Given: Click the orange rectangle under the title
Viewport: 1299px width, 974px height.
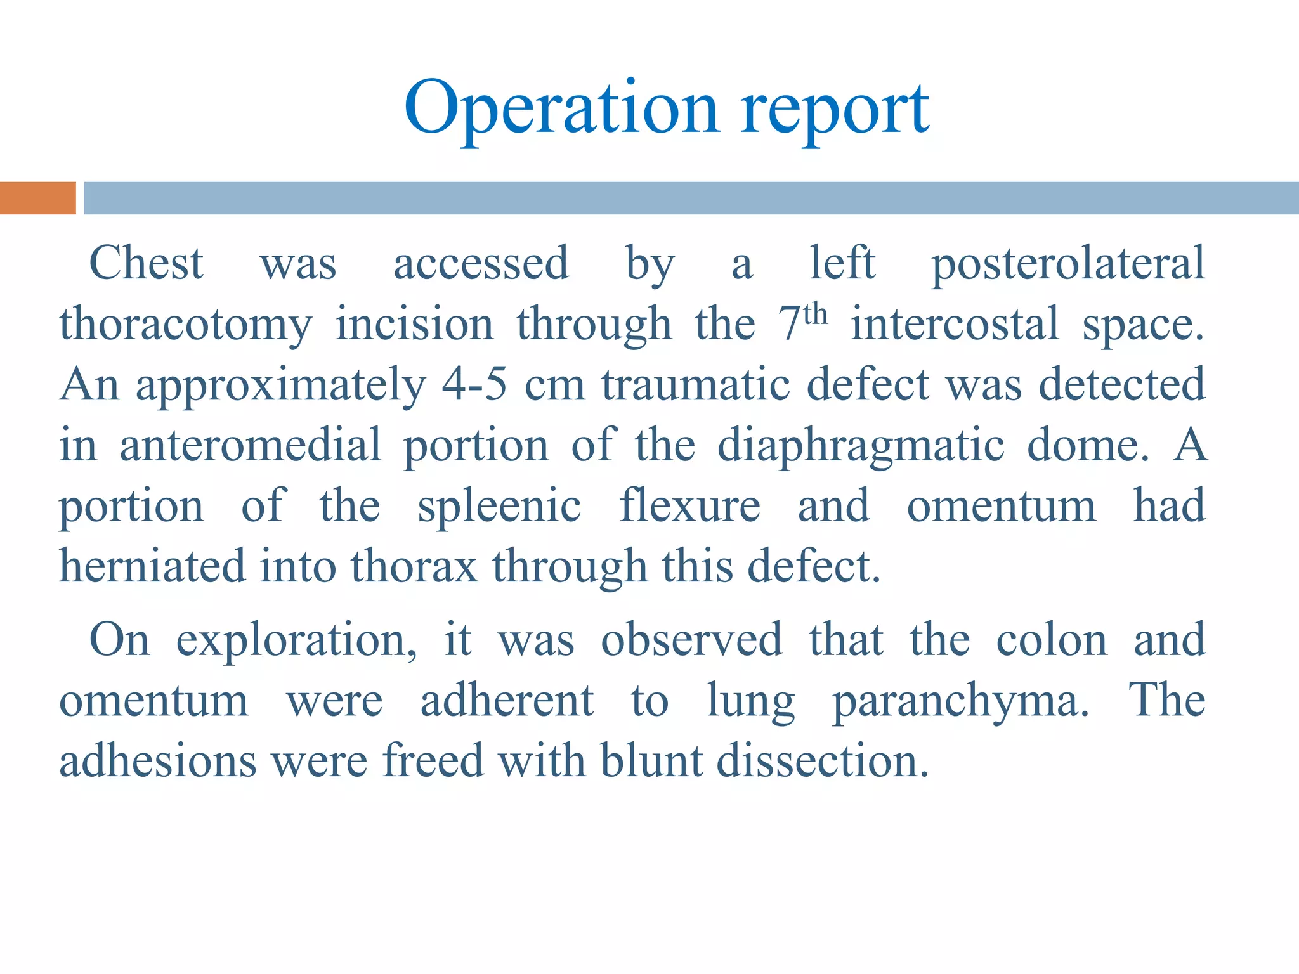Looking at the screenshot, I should (37, 198).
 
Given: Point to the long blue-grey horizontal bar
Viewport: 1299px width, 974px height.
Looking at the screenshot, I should (691, 198).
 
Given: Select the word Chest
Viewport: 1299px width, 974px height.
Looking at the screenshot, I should (146, 263).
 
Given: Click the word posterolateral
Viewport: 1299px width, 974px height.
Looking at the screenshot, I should (1068, 263).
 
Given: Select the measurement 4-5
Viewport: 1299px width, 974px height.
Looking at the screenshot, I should (474, 384).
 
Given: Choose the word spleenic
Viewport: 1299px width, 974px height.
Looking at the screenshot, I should (499, 506).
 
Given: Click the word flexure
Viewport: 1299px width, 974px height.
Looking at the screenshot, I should (689, 506).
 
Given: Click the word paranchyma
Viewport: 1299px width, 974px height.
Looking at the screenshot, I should (960, 701).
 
